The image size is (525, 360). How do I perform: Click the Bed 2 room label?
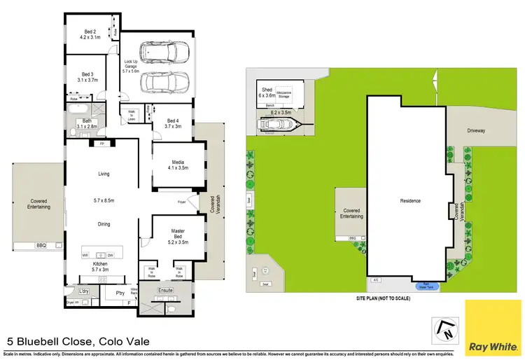90,32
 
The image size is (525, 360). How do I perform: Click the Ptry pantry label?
111,293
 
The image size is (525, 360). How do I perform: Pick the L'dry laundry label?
83,291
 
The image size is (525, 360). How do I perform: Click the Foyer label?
183,203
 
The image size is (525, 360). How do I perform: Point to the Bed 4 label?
173,120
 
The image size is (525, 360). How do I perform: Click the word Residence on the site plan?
409,201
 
